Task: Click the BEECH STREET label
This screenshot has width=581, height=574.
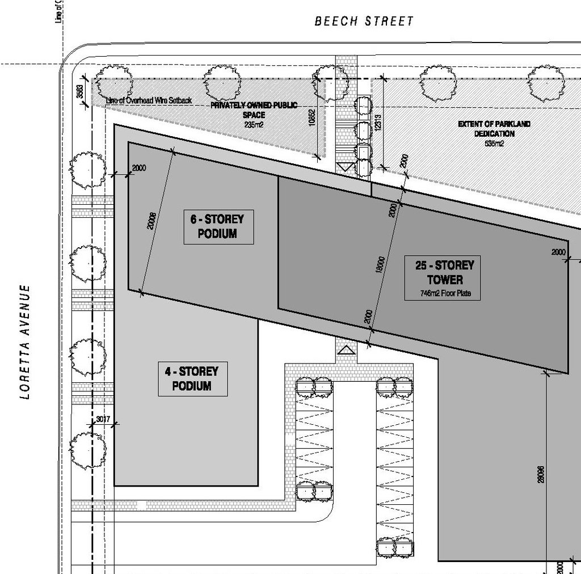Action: (364, 22)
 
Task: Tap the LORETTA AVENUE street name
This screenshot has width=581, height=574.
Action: (24, 342)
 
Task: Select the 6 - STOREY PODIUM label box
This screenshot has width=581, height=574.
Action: (218, 226)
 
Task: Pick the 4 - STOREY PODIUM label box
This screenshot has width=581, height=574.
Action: (192, 379)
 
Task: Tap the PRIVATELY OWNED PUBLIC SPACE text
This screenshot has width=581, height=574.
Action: (254, 110)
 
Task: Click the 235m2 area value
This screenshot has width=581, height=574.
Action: (254, 125)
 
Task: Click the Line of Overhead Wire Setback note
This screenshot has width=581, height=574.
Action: (149, 100)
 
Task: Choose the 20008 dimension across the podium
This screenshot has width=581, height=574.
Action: (151, 220)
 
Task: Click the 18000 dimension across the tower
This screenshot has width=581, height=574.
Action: (382, 265)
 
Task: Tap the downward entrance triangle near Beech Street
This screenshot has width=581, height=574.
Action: (346, 167)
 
